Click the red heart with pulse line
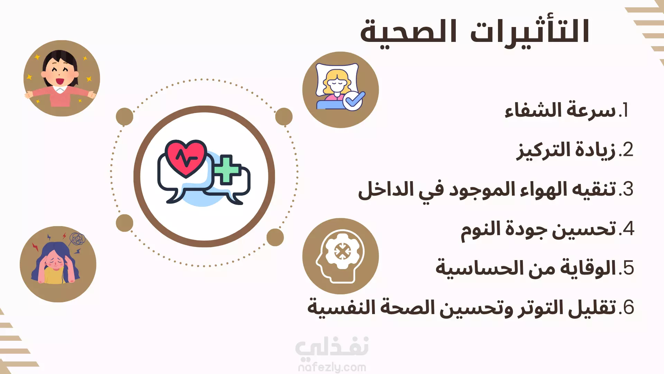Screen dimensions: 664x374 [186, 158]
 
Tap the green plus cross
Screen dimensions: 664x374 [227, 169]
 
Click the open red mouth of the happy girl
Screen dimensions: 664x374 [60, 81]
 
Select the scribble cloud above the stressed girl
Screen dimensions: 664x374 [77, 238]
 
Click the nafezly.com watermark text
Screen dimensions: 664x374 [332, 367]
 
